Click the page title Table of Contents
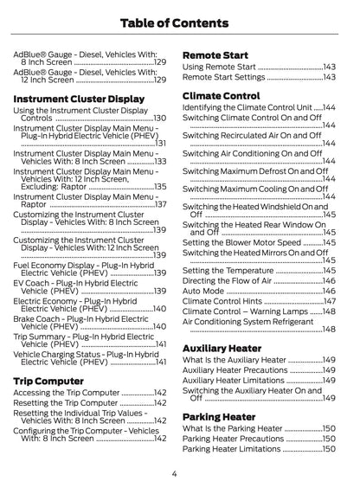pos(179,22)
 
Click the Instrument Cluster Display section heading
pos(79,99)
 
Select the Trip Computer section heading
pos(48,380)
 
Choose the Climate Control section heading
pos(222,95)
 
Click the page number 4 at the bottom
pos(174,473)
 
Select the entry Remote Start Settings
pos(224,78)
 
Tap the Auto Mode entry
pos(204,291)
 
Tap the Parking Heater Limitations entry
pos(232,449)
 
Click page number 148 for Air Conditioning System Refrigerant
pos(329,329)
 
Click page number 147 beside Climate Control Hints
pos(329,301)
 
